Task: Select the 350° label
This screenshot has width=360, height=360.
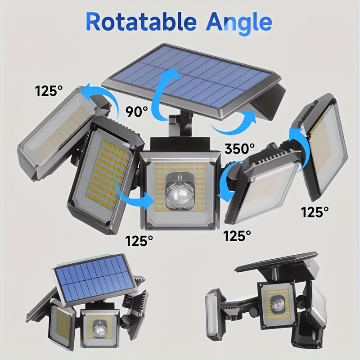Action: coord(240,149)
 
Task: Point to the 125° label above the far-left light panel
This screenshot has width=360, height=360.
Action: coord(49,91)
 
